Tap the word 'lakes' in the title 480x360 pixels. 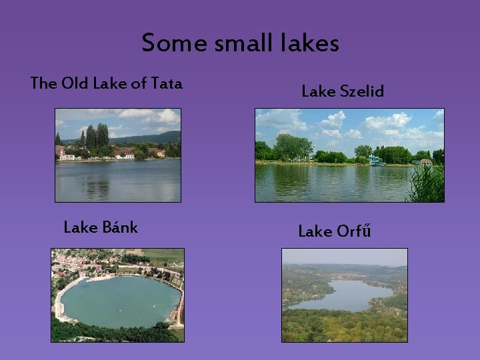click(x=311, y=43)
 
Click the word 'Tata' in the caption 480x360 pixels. click(x=167, y=83)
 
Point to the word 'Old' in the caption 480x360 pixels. click(x=73, y=83)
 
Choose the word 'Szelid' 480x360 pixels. click(x=361, y=91)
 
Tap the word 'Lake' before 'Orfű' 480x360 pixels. click(x=314, y=231)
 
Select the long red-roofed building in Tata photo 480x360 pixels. click(x=124, y=154)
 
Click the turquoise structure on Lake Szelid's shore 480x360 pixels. click(x=377, y=160)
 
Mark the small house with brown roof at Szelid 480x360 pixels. click(x=425, y=161)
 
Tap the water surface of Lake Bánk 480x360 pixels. click(x=117, y=300)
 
